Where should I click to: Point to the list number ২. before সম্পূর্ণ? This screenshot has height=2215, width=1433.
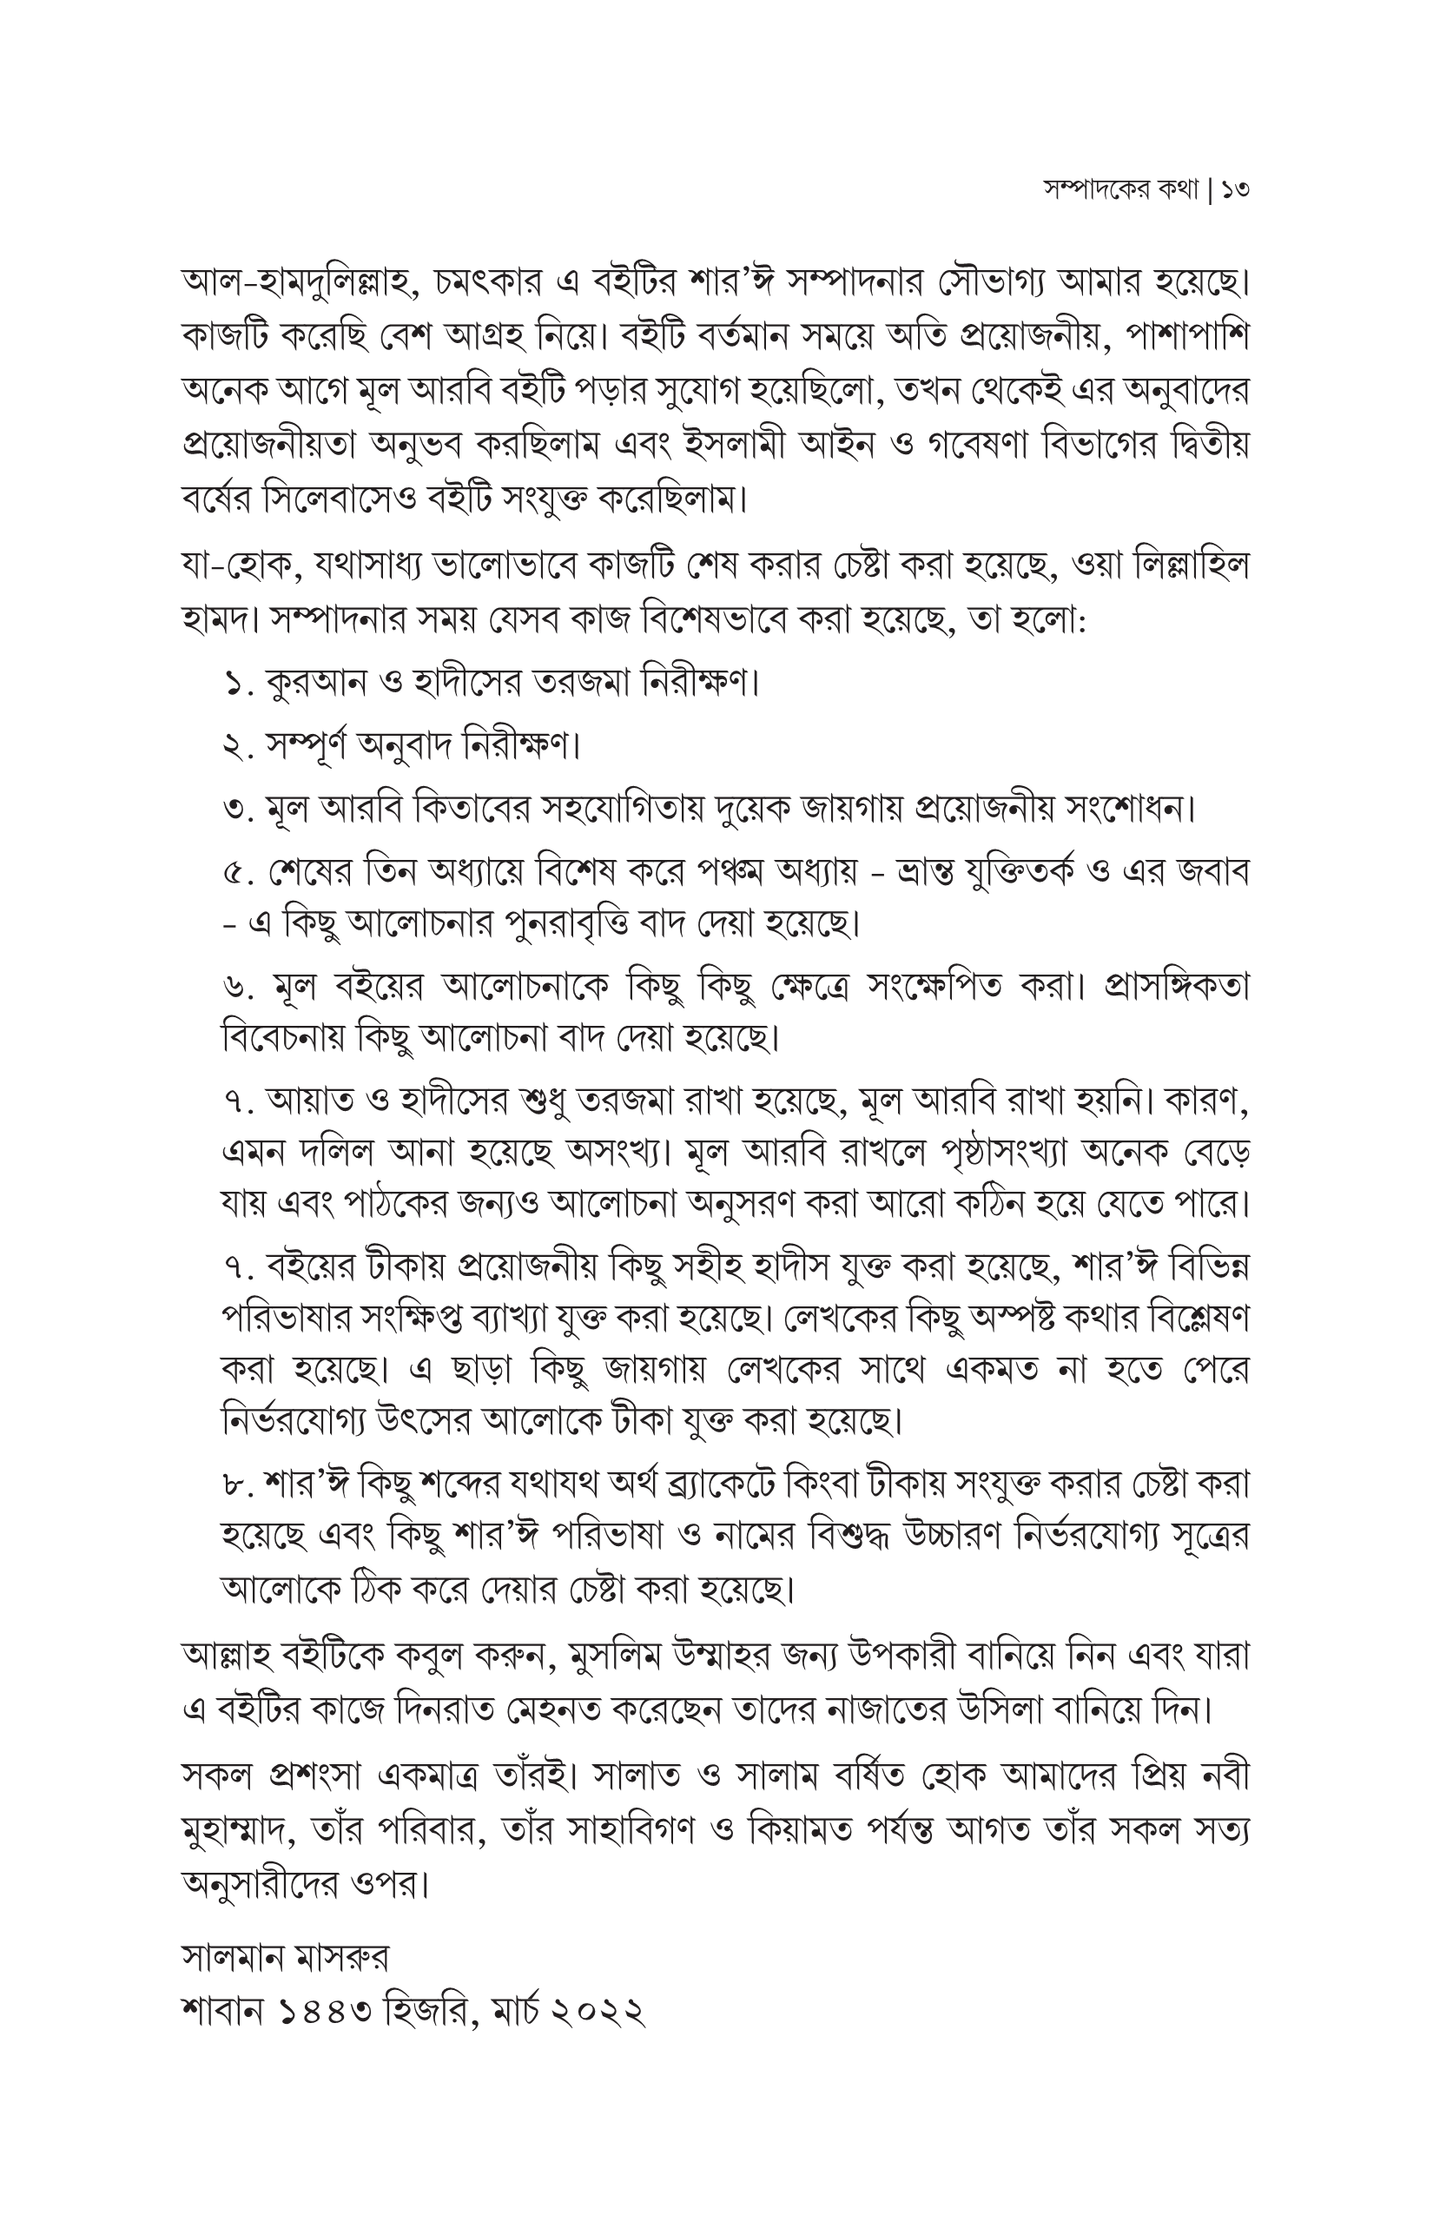tap(239, 746)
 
